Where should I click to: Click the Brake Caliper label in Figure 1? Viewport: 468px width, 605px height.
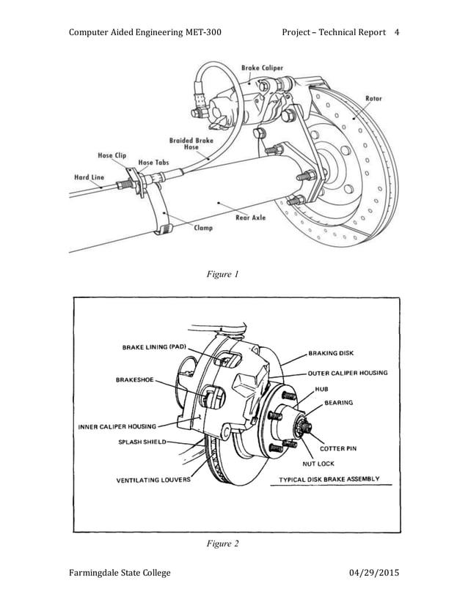pyautogui.click(x=262, y=68)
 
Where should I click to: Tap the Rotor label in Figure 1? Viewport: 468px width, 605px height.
pyautogui.click(x=373, y=99)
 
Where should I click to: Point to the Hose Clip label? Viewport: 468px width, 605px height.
pyautogui.click(x=112, y=155)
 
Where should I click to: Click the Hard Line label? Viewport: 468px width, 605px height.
pyautogui.click(x=89, y=177)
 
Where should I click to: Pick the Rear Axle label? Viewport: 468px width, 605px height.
pyautogui.click(x=251, y=217)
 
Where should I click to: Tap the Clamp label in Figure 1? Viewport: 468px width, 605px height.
pyautogui.click(x=203, y=228)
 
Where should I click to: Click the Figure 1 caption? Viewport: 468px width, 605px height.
pyautogui.click(x=223, y=275)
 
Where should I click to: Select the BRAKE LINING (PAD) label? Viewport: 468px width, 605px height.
pyautogui.click(x=155, y=347)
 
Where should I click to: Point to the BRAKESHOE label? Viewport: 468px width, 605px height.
pyautogui.click(x=134, y=380)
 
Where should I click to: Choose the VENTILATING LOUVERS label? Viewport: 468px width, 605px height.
pyautogui.click(x=153, y=480)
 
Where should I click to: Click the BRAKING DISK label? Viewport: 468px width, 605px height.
pyautogui.click(x=331, y=352)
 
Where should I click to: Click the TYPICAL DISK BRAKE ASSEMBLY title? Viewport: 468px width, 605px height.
pyautogui.click(x=329, y=479)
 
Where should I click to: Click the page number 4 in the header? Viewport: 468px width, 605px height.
pyautogui.click(x=397, y=32)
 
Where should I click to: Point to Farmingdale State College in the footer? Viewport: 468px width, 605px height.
pyautogui.click(x=120, y=572)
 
